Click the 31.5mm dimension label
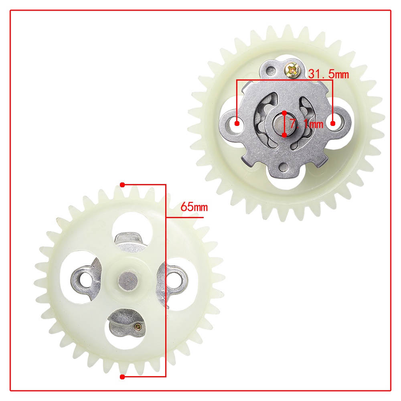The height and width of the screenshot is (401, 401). coord(328,74)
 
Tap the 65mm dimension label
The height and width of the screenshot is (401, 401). coord(194,207)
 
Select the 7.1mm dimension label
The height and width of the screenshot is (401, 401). coord(306,124)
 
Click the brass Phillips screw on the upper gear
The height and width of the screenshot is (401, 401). coord(293,69)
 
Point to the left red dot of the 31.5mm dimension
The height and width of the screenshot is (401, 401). coord(237,124)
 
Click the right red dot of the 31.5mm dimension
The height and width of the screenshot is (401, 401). coord(333,124)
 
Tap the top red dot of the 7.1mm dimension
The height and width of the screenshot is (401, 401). coord(284,113)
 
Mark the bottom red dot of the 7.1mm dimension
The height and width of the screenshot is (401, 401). coord(284,135)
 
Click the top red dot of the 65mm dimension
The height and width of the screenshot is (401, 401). coord(122,184)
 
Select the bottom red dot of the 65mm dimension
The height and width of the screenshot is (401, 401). coord(122,377)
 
